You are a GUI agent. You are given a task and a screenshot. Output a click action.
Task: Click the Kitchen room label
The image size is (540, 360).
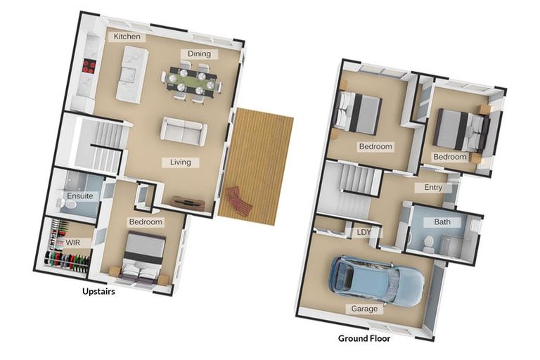click(x=127, y=37)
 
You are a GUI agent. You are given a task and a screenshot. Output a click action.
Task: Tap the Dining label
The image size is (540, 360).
click(x=199, y=53)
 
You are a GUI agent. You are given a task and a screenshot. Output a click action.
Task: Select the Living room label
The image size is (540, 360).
click(x=180, y=162)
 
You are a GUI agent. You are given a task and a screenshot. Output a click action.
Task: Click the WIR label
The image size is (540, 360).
click(x=73, y=243)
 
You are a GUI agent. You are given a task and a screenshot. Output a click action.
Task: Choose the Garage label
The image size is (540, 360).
click(x=364, y=309)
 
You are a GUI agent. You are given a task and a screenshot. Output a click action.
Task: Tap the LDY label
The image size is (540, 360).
click(x=364, y=232)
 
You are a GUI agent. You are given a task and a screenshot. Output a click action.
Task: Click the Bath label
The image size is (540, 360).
click(x=442, y=222)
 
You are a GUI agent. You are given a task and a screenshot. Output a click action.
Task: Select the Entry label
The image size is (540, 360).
click(x=433, y=188)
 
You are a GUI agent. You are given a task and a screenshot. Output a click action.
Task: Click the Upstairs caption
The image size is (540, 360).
click(x=97, y=292)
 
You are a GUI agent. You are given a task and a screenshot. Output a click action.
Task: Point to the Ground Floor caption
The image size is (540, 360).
click(x=364, y=338)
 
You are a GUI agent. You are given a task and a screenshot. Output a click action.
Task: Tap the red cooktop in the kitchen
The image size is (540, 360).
click(x=89, y=66)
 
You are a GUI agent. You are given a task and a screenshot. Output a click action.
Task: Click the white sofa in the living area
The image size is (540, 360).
click(x=184, y=130)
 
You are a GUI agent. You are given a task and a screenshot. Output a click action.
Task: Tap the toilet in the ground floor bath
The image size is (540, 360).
click(x=428, y=243)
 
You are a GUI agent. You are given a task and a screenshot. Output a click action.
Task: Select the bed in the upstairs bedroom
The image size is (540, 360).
click(x=145, y=257)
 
